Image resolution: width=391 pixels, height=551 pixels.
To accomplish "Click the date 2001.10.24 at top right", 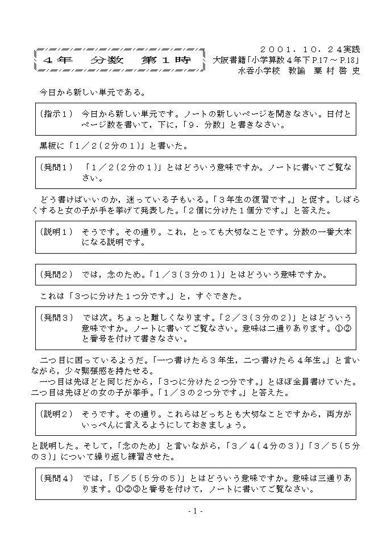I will tap(309, 49).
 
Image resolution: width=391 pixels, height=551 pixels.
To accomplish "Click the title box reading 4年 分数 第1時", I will tap(117, 60).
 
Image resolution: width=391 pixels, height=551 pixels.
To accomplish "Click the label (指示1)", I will tap(56, 114).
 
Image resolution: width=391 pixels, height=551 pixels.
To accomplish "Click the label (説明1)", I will tap(56, 232).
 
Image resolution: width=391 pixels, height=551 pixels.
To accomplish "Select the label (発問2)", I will tap(56, 275).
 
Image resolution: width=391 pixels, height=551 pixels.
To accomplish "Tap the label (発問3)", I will tap(56, 317).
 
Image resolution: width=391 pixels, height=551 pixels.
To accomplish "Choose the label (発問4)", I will tap(56, 478).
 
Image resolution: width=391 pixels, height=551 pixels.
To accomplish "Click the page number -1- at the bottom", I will tap(195, 511).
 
